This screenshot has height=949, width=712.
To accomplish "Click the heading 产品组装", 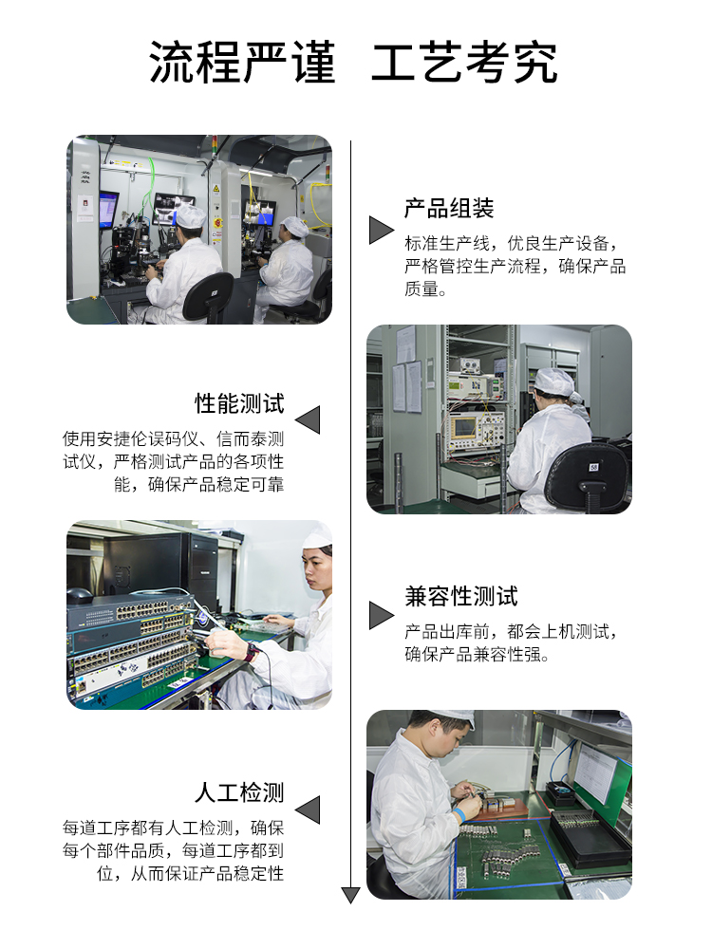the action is point(449,208).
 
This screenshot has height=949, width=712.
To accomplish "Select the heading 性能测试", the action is point(239,403).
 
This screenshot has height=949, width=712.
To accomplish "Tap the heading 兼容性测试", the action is point(461,597).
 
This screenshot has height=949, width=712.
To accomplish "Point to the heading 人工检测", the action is point(239,792).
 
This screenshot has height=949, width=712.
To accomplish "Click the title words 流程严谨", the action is point(242,63).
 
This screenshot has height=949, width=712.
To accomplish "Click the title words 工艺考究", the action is point(464,63).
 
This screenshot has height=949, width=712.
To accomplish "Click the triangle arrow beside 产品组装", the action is point(382,231).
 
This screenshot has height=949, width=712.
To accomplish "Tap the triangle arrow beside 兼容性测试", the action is point(382,616).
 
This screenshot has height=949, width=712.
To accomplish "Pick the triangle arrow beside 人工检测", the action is point(308,809).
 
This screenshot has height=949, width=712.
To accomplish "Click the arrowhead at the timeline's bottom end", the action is point(350,896).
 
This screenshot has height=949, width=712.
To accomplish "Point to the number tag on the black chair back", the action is point(593,467).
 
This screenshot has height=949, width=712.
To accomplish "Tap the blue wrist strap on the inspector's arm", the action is point(459,814).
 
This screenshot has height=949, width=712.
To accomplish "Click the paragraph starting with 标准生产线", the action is point(515,267).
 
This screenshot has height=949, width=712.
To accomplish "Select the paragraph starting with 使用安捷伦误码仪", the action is point(173,461).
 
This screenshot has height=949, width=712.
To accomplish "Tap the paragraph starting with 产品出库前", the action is point(512,642).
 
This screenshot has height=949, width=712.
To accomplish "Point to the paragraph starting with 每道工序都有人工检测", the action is point(173,850).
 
